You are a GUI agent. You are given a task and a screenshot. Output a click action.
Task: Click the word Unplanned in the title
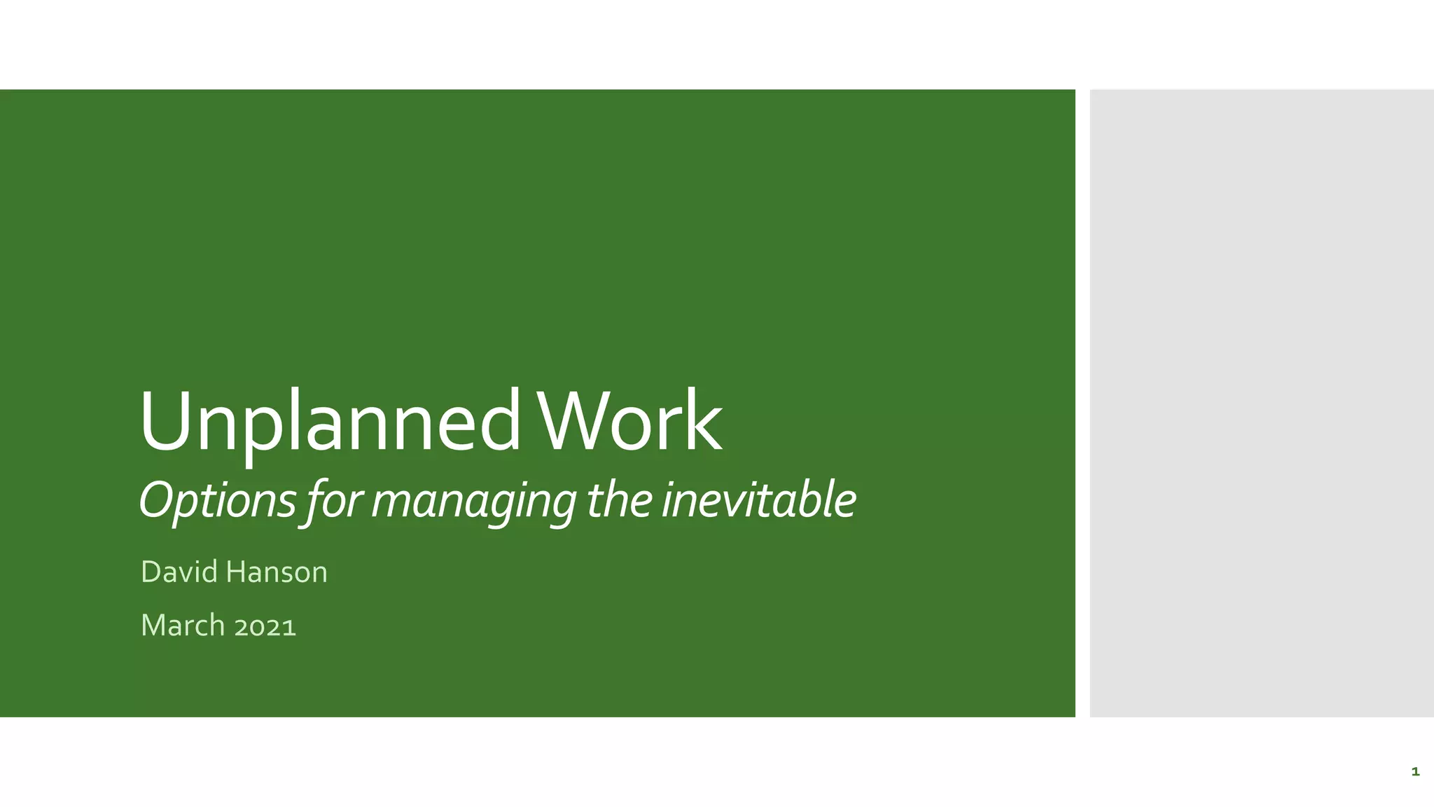point(329,422)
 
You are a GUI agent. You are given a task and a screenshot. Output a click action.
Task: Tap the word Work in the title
point(628,421)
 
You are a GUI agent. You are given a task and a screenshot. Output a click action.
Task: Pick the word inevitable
point(758,500)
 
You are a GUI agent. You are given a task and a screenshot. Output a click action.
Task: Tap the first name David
point(179,572)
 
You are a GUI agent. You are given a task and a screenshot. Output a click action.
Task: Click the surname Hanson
point(277,572)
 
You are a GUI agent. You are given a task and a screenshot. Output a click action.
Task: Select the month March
point(183,625)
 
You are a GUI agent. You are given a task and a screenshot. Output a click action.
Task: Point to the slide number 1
point(1415,772)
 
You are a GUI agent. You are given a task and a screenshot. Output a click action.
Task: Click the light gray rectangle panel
point(1261,403)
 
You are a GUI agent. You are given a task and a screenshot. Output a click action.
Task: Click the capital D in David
point(151,572)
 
